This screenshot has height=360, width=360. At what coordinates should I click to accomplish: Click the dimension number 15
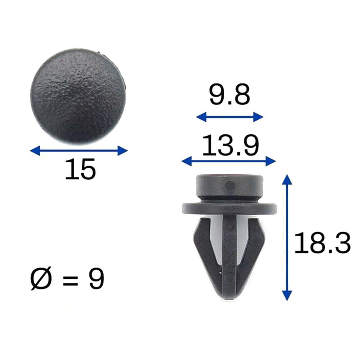coord(81,169)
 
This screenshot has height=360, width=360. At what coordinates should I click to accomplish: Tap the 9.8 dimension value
coord(229,96)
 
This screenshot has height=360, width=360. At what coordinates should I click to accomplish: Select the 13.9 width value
coord(230,145)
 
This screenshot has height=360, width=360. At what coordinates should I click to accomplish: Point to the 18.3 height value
coord(322,243)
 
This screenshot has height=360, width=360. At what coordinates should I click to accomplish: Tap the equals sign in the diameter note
coord(71,280)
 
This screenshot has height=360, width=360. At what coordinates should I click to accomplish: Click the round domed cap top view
coord(78,96)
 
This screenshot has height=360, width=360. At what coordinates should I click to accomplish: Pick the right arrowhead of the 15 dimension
coord(125,150)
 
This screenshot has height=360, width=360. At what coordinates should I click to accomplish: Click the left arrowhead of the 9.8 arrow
coord(199,117)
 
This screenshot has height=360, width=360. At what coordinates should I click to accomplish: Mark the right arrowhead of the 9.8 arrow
coord(260,117)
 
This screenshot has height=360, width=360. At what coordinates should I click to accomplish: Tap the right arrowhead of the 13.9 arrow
coord(273,161)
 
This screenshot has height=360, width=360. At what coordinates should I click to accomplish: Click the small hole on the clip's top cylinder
coord(228,185)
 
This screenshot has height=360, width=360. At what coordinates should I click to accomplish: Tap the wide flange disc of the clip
coord(230,208)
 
